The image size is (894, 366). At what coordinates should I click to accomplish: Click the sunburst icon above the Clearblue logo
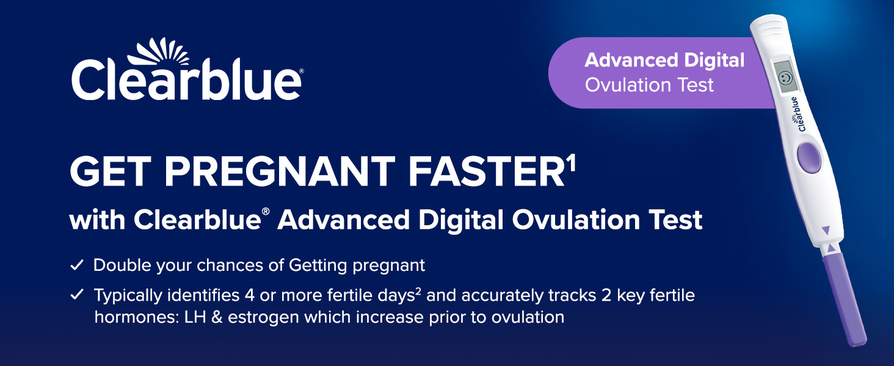pyautogui.click(x=159, y=52)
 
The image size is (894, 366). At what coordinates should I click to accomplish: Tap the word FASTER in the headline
pyautogui.click(x=486, y=171)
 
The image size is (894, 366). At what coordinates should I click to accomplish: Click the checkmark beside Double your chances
pyautogui.click(x=76, y=265)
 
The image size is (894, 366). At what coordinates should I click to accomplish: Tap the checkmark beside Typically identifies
pyautogui.click(x=76, y=295)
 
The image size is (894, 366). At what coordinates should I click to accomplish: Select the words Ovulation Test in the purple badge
pyautogui.click(x=649, y=85)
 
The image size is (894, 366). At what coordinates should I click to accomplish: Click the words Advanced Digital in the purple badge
pyautogui.click(x=664, y=60)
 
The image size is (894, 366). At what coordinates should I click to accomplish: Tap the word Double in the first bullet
pyautogui.click(x=122, y=265)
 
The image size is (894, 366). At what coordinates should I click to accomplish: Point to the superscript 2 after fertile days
pyautogui.click(x=418, y=291)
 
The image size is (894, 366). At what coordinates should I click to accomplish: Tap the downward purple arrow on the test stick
pyautogui.click(x=826, y=230)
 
